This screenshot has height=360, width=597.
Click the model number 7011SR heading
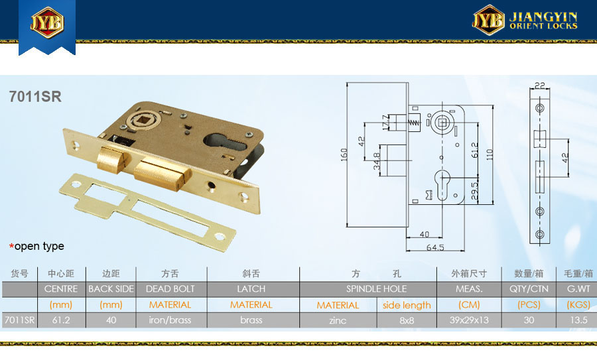click(x=35, y=97)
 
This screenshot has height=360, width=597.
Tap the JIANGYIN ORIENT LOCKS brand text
click(x=543, y=21)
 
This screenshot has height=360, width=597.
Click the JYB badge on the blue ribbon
click(x=47, y=22)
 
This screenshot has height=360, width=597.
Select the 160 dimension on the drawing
click(x=344, y=154)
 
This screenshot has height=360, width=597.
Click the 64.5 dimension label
click(x=435, y=247)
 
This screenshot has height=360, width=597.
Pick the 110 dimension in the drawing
click(x=490, y=154)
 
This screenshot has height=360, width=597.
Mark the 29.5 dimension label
click(x=474, y=191)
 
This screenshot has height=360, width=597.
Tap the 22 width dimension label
click(x=539, y=86)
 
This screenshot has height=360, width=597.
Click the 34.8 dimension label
click(x=376, y=161)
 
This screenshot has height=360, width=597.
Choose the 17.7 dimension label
click(x=385, y=122)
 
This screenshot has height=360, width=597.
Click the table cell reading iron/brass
click(x=170, y=320)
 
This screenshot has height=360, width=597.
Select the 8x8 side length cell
click(x=407, y=320)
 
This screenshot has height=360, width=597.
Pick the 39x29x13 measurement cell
click(x=469, y=320)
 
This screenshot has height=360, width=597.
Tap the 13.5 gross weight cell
click(x=578, y=320)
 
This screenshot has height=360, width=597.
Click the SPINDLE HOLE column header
click(x=376, y=289)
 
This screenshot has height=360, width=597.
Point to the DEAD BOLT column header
click(x=170, y=289)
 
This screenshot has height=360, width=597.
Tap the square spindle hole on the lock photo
click(x=145, y=121)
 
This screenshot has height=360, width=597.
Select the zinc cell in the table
click(x=338, y=320)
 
